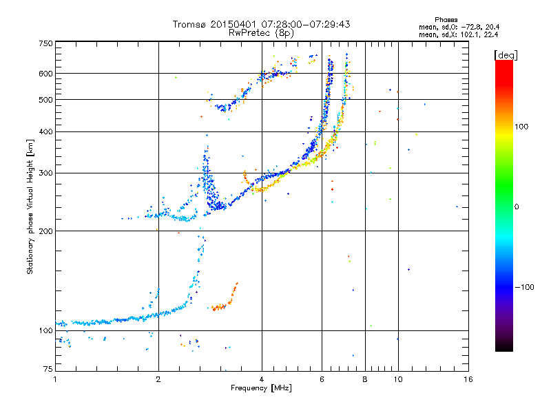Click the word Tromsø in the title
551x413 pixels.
tap(189, 24)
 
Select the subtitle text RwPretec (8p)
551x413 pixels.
tap(261, 33)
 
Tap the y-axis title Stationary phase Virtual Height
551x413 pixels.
tap(30, 207)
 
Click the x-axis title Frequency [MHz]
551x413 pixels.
tap(261, 388)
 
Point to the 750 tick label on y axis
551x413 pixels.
tap(45, 43)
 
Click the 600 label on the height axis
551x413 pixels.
tap(45, 74)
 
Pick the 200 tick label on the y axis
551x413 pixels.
tap(45, 231)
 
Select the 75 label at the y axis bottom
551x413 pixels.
tap(48, 369)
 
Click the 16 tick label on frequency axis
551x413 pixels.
tap(468, 379)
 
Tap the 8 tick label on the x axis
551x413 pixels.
tap(365, 379)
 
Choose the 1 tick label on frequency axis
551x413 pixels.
tap(55, 379)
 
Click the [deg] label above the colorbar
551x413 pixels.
tap(506, 56)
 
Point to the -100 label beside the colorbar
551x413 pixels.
tap(525, 287)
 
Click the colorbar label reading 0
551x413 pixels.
tap(517, 207)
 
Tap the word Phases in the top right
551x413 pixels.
tap(446, 20)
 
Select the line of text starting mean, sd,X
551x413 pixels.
tap(458, 34)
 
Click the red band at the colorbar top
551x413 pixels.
tap(504, 70)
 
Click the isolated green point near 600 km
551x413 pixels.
tap(176, 77)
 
